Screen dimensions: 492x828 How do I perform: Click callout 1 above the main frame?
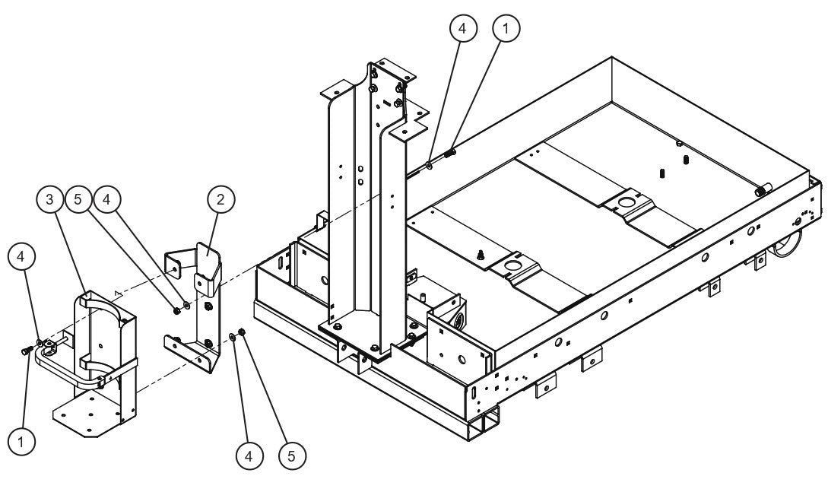tap(506, 28)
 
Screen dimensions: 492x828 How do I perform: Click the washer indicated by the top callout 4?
tap(430, 163)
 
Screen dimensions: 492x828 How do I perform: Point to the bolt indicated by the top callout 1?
tap(450, 154)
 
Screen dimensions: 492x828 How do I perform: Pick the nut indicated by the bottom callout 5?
tap(242, 332)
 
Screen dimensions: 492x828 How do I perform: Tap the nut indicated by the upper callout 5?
tap(176, 309)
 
